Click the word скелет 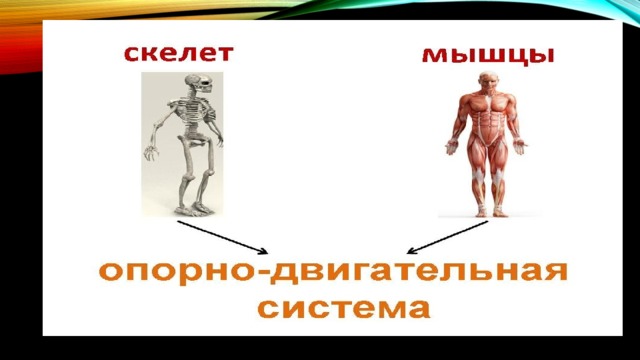pyautogui.click(x=179, y=53)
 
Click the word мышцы pyautogui.click(x=488, y=55)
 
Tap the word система pyautogui.click(x=344, y=309)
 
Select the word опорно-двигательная pyautogui.click(x=333, y=272)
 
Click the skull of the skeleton pyautogui.click(x=199, y=84)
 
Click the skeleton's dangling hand pyautogui.click(x=151, y=152)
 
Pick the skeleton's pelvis pyautogui.click(x=195, y=140)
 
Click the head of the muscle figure pyautogui.click(x=487, y=81)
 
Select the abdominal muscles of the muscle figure pyautogui.click(x=487, y=122)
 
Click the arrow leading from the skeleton pyautogui.click(x=222, y=238)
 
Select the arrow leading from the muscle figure pyautogui.click(x=448, y=238)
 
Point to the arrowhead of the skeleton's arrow pyautogui.click(x=264, y=252)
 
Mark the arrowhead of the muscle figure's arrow pyautogui.click(x=411, y=251)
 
